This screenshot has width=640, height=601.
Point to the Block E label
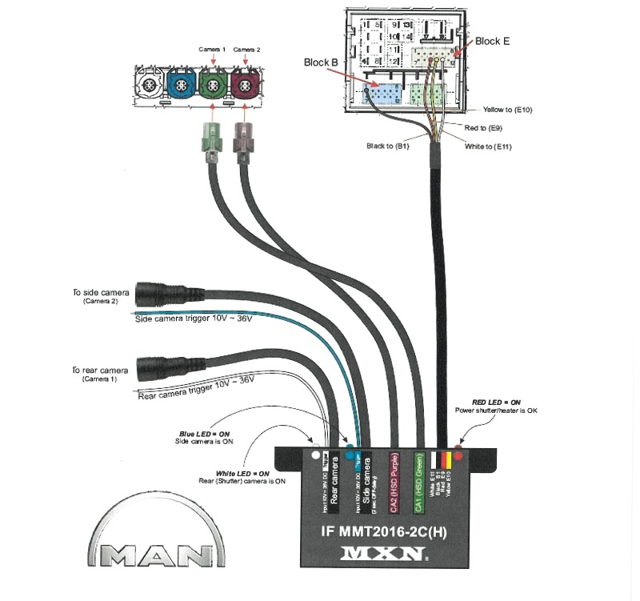[493, 41]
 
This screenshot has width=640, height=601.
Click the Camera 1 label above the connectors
[212, 50]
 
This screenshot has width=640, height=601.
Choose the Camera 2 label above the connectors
[247, 50]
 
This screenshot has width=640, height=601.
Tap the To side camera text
[101, 293]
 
